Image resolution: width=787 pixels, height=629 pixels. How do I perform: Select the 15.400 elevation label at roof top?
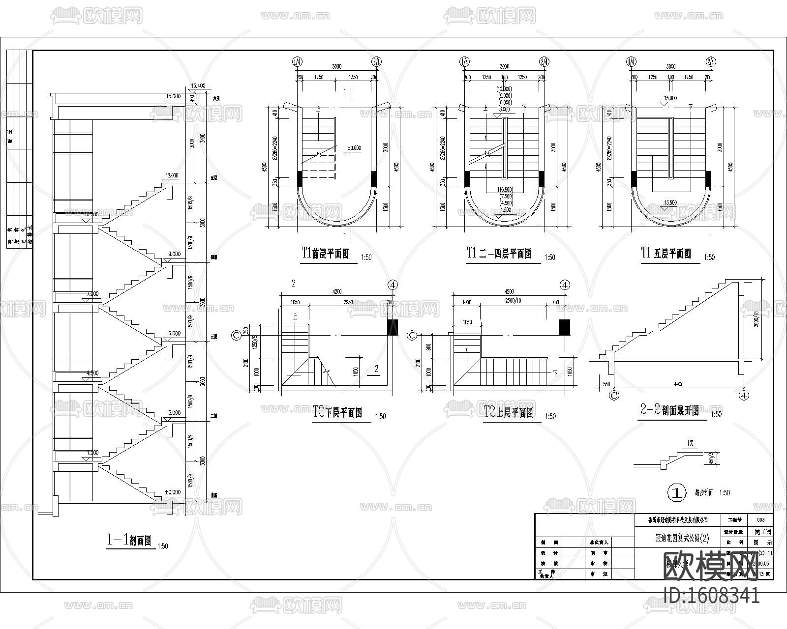[198, 86]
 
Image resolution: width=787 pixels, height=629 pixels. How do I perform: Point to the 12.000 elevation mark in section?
[172, 175]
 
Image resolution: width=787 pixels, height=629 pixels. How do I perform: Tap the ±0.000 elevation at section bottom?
[172, 492]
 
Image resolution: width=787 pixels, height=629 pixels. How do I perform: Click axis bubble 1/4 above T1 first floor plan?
[297, 62]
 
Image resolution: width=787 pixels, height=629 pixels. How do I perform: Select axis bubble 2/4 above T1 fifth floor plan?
[710, 62]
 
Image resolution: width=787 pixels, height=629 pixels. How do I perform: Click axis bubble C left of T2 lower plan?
[236, 335]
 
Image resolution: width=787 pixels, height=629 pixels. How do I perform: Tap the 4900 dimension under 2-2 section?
[679, 384]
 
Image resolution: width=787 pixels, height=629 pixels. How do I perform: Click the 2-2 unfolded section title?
[669, 410]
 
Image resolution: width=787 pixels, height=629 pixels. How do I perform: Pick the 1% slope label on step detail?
[690, 443]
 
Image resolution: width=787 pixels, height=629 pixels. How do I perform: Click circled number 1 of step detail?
[676, 492]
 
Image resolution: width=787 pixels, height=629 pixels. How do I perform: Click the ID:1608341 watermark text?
[711, 596]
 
